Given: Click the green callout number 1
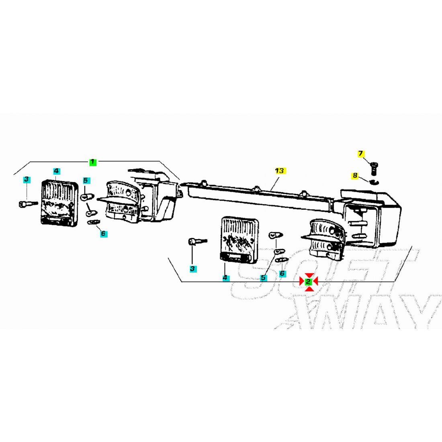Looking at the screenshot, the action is click(x=93, y=162).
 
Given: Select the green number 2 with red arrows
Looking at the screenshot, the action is click(x=308, y=281).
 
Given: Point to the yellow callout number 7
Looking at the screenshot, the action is click(x=361, y=154).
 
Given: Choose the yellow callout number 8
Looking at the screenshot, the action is click(x=355, y=176).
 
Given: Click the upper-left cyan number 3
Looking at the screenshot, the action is click(x=27, y=179).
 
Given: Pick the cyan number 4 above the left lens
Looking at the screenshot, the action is click(x=57, y=171).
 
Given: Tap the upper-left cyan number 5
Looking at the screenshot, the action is click(x=86, y=180).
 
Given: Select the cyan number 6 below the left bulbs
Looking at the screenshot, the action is click(x=103, y=233).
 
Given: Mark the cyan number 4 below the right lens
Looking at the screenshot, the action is click(x=225, y=278).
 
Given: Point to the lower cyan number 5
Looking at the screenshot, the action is click(x=263, y=278).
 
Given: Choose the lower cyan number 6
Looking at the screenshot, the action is click(x=282, y=273).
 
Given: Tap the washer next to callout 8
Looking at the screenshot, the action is click(x=374, y=182).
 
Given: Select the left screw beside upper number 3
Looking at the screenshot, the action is click(x=28, y=204).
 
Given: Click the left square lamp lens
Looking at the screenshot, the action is click(x=59, y=203).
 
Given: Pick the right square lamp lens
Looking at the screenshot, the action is click(x=239, y=239).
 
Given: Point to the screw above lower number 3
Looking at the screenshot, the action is click(x=197, y=241).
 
